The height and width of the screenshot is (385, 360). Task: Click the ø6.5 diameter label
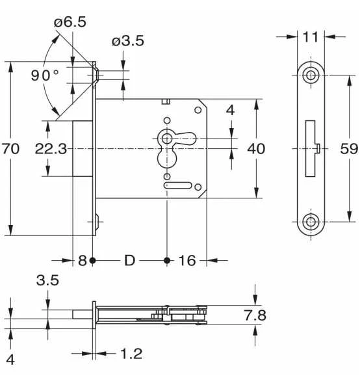tap(70, 22)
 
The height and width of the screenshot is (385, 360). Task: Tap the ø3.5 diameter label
tap(128, 41)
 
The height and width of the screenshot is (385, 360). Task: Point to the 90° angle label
tap(45, 75)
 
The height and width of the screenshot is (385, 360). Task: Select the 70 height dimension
tap(10, 149)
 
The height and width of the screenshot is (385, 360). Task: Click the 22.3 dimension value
tap(51, 149)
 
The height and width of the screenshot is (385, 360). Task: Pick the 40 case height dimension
tap(256, 149)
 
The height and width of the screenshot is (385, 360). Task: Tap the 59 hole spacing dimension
tap(349, 149)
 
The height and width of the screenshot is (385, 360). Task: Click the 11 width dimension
tap(311, 37)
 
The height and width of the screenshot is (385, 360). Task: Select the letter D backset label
tap(129, 261)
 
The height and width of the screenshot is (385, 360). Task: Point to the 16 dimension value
tap(187, 261)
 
